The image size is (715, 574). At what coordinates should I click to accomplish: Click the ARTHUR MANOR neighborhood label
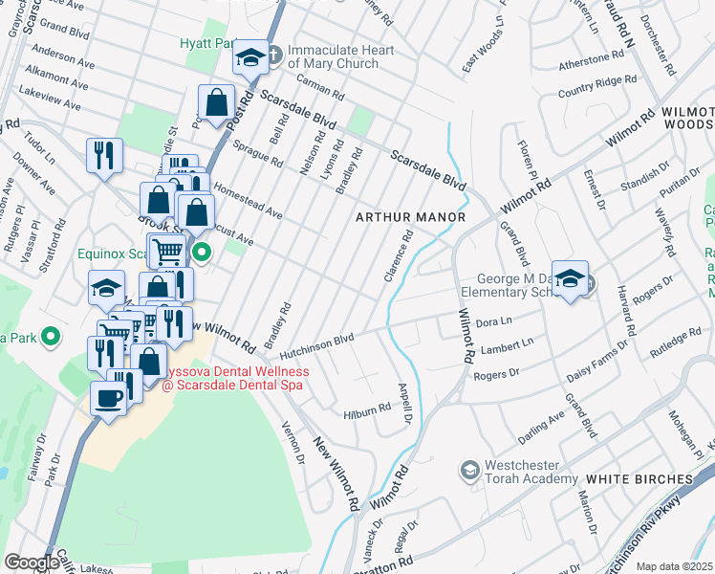pos(410,217)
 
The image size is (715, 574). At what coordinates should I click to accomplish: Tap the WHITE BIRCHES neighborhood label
pos(638,478)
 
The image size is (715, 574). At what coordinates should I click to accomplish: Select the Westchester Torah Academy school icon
pos(469,470)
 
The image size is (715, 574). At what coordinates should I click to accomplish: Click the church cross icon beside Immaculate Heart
pos(274,54)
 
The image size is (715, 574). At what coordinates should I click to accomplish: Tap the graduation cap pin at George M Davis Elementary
pos(570,277)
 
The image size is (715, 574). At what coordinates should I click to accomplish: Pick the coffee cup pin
pos(109,397)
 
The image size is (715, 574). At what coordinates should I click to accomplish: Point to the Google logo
pos(32,562)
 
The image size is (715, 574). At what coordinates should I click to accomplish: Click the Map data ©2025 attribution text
pos(675,566)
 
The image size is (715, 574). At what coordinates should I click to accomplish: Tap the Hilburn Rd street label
pos(367,408)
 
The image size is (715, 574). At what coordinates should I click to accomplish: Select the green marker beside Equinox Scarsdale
pos(202,253)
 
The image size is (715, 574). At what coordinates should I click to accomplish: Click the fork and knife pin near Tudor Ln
pos(104,154)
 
